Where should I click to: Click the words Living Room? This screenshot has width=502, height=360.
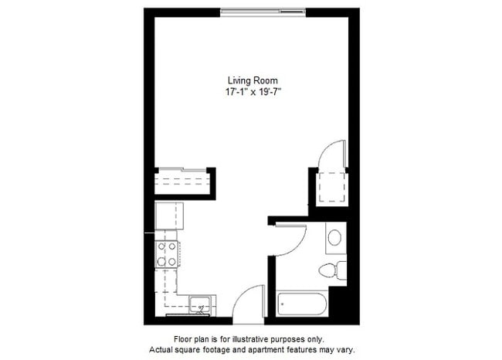pos(252,80)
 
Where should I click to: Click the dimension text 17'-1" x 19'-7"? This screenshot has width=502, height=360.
pos(252,92)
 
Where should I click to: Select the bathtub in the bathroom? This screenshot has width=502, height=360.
pos(304,305)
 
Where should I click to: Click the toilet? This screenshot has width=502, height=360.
pos(329,270)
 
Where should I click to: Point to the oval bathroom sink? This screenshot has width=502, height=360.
pos(335,237)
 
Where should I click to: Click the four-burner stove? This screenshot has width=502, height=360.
pos(167,254)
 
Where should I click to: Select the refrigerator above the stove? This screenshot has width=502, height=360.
pos(167,215)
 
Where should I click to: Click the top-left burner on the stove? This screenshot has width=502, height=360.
pos(161,247)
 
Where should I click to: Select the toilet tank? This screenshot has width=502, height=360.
pos(341,270)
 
